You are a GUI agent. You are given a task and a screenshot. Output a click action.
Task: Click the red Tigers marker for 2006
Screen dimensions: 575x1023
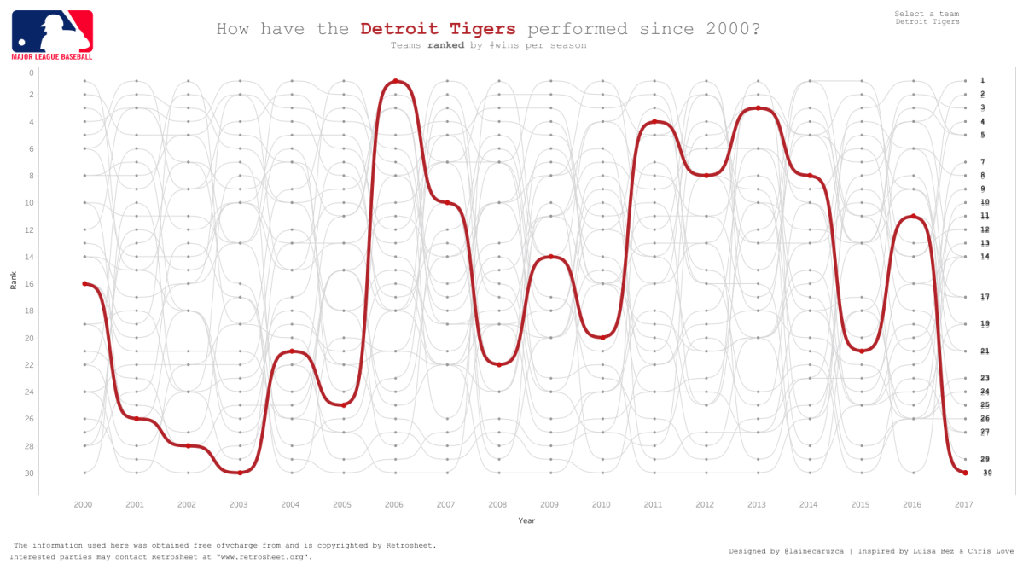click(394, 81)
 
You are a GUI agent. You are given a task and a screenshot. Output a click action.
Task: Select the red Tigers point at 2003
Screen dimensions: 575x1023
click(240, 473)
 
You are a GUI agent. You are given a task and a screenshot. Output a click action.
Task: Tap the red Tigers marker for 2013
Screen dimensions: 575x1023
click(758, 108)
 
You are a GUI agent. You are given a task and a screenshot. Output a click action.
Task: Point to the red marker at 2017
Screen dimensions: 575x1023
click(965, 473)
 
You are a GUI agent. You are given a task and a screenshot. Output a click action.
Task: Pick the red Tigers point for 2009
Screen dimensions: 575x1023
click(551, 257)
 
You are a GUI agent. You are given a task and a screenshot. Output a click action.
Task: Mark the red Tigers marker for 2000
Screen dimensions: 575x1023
click(84, 283)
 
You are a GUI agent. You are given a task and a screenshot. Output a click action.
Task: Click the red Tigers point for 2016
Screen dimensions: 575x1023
click(913, 216)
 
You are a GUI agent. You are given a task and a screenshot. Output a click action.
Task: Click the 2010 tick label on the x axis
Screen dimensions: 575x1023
click(601, 505)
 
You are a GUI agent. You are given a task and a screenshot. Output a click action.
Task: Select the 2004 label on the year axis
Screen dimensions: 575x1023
click(290, 505)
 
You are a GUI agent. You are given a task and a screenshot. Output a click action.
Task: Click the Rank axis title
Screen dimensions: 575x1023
click(14, 281)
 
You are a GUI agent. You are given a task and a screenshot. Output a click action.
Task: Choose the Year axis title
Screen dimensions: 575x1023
click(526, 520)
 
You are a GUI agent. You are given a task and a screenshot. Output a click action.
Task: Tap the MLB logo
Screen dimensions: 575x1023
click(52, 34)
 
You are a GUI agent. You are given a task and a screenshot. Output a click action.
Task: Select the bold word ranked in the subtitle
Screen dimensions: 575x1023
click(445, 45)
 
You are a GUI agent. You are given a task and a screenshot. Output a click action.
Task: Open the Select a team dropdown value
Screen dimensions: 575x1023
click(927, 22)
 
